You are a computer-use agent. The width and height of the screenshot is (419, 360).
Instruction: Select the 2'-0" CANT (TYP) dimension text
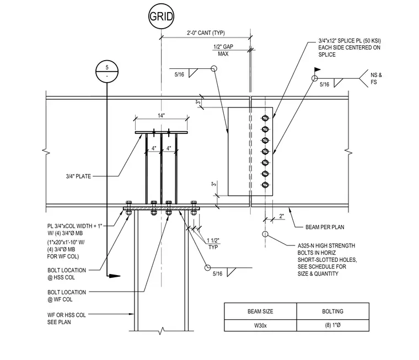point(206,33)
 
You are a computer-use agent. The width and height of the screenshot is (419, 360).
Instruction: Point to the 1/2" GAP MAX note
point(223,50)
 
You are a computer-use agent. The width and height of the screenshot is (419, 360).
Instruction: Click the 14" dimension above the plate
point(161,116)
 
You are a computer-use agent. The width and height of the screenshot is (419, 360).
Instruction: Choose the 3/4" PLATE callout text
point(78,176)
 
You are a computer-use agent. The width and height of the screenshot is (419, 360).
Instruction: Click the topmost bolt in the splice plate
point(265,118)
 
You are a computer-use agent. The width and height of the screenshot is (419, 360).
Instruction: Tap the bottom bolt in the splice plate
point(265,185)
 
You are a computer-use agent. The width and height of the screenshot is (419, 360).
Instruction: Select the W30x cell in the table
point(260,325)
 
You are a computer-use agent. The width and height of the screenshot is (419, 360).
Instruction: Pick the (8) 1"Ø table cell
point(332,325)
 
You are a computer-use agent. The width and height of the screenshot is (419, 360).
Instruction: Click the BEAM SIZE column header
point(260,311)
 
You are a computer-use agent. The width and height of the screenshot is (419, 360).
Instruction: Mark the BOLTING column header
point(332,311)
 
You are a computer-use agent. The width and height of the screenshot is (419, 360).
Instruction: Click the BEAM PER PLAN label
point(325,227)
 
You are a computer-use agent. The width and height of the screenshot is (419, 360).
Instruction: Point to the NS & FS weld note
point(376,79)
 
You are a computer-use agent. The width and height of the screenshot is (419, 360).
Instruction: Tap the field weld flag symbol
point(317,70)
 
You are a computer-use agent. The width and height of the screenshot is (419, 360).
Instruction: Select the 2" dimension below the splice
point(281,216)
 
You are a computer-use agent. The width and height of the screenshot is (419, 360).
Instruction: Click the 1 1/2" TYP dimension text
point(213,244)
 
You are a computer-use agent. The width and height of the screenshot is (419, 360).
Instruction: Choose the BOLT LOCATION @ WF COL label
point(67,296)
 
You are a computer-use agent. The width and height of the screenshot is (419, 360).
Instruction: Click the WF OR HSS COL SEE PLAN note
point(67,319)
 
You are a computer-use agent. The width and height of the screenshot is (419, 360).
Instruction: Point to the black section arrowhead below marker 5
point(114,276)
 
